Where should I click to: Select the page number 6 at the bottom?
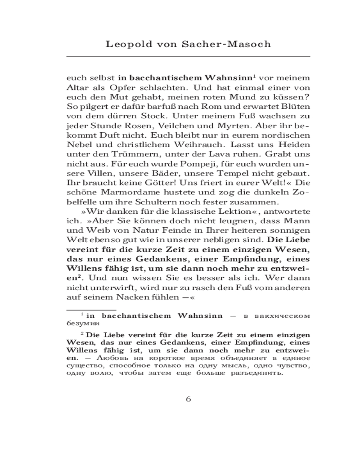[x=189, y=399]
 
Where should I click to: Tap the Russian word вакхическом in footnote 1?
[x=282, y=315]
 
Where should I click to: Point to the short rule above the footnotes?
[x=91, y=310]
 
